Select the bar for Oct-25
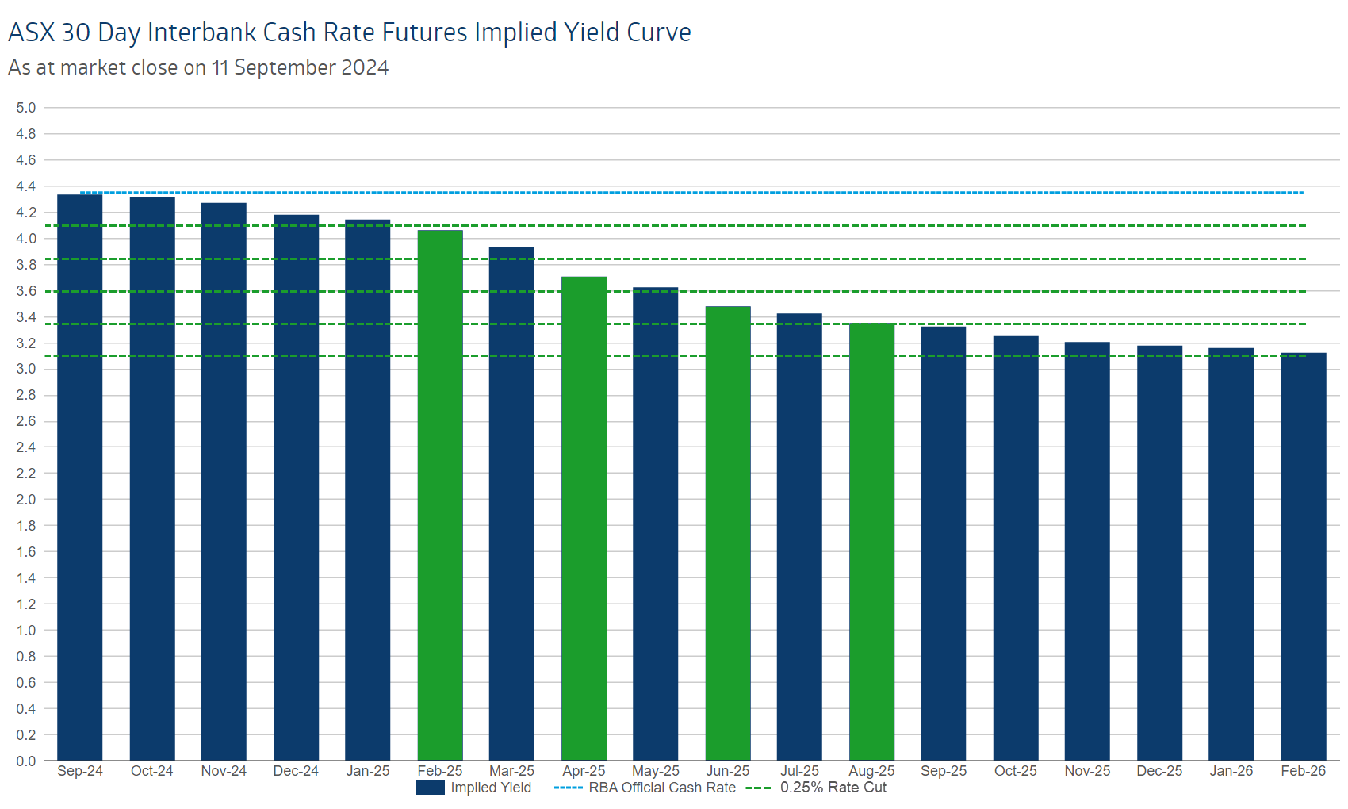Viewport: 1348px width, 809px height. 1016,548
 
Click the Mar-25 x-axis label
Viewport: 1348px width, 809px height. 511,771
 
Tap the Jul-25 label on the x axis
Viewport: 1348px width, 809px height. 799,771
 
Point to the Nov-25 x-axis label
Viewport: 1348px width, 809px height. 1087,771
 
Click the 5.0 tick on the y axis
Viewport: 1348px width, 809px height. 26,108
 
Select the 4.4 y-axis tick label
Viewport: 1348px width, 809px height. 26,186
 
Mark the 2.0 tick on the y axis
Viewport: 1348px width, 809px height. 26,500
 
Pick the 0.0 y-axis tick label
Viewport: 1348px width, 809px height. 26,761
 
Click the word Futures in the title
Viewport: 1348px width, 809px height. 425,33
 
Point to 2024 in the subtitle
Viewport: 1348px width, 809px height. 365,68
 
